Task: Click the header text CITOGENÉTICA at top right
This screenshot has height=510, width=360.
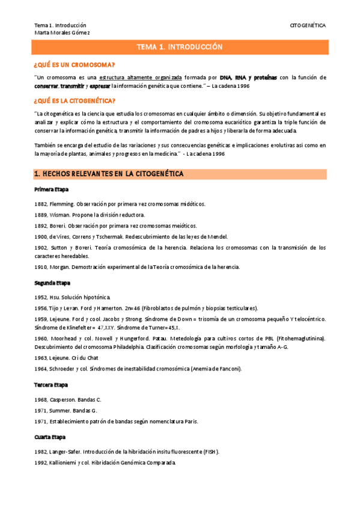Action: coord(308,26)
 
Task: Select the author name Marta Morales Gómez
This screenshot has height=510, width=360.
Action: coord(62,32)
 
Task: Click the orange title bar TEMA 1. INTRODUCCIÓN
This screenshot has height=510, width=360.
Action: coord(180,46)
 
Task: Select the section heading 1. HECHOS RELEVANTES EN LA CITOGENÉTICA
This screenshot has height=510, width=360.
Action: coord(109,174)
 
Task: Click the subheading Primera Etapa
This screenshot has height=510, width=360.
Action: coord(51,190)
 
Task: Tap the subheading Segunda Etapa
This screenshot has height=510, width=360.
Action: coord(52,283)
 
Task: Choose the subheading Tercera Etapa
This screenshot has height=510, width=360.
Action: coord(51,384)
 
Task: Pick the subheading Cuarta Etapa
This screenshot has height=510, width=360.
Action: coord(50,437)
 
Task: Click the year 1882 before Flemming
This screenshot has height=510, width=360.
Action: coord(41,204)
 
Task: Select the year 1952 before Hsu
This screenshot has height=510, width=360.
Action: coord(41,297)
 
